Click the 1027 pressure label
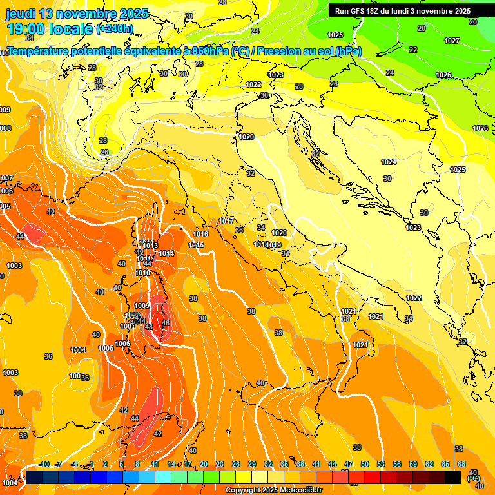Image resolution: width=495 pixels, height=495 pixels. (452, 41)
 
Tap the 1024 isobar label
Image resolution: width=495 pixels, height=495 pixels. (389, 162)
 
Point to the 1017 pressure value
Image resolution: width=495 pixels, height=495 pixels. (226, 221)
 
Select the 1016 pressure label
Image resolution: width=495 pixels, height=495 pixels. (200, 234)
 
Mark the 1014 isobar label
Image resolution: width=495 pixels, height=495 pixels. (166, 253)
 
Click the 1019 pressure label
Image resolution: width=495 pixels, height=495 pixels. (273, 245)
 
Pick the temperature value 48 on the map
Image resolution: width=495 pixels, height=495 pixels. (149, 327)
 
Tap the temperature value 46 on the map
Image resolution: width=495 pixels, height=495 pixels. (166, 323)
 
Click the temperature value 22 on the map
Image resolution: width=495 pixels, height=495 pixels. (413, 50)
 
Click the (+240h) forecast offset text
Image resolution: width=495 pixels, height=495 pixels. (115, 29)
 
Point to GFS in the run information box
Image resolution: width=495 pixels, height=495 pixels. (368, 11)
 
